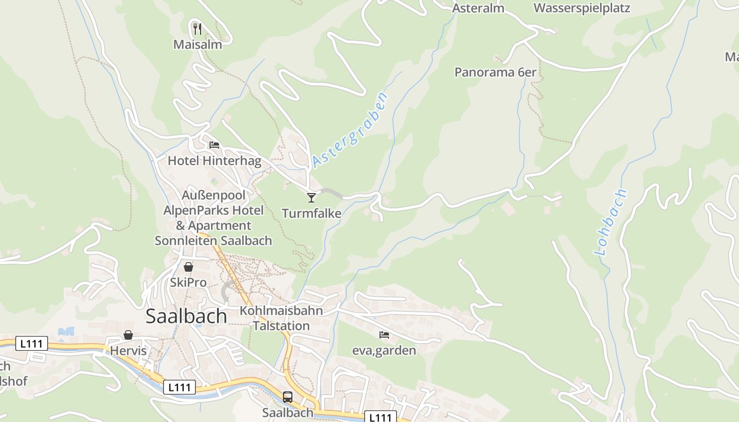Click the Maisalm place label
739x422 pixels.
pos(197,44)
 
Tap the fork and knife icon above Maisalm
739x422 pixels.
pos(197,28)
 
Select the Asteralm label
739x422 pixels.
pos(478,8)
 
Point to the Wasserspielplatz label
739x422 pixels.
pos(582,8)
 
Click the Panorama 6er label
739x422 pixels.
pos(495,72)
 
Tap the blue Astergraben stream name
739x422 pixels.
pos(350,129)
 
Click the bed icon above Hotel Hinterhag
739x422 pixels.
pos(214,145)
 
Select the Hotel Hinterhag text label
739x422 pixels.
pos(214,160)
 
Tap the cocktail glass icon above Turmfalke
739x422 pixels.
pos(311,197)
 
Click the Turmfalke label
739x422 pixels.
pos(311,213)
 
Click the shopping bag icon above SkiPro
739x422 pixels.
pos(188,267)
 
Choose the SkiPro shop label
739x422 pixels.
pos(188,282)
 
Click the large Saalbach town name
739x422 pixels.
pos(186,315)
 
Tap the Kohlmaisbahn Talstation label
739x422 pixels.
pos(281,318)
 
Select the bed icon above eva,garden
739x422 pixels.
pos(384,334)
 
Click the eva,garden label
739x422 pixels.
pos(384,350)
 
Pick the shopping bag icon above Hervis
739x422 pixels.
pos(128,335)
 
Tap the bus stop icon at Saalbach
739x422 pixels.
pos(288,397)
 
